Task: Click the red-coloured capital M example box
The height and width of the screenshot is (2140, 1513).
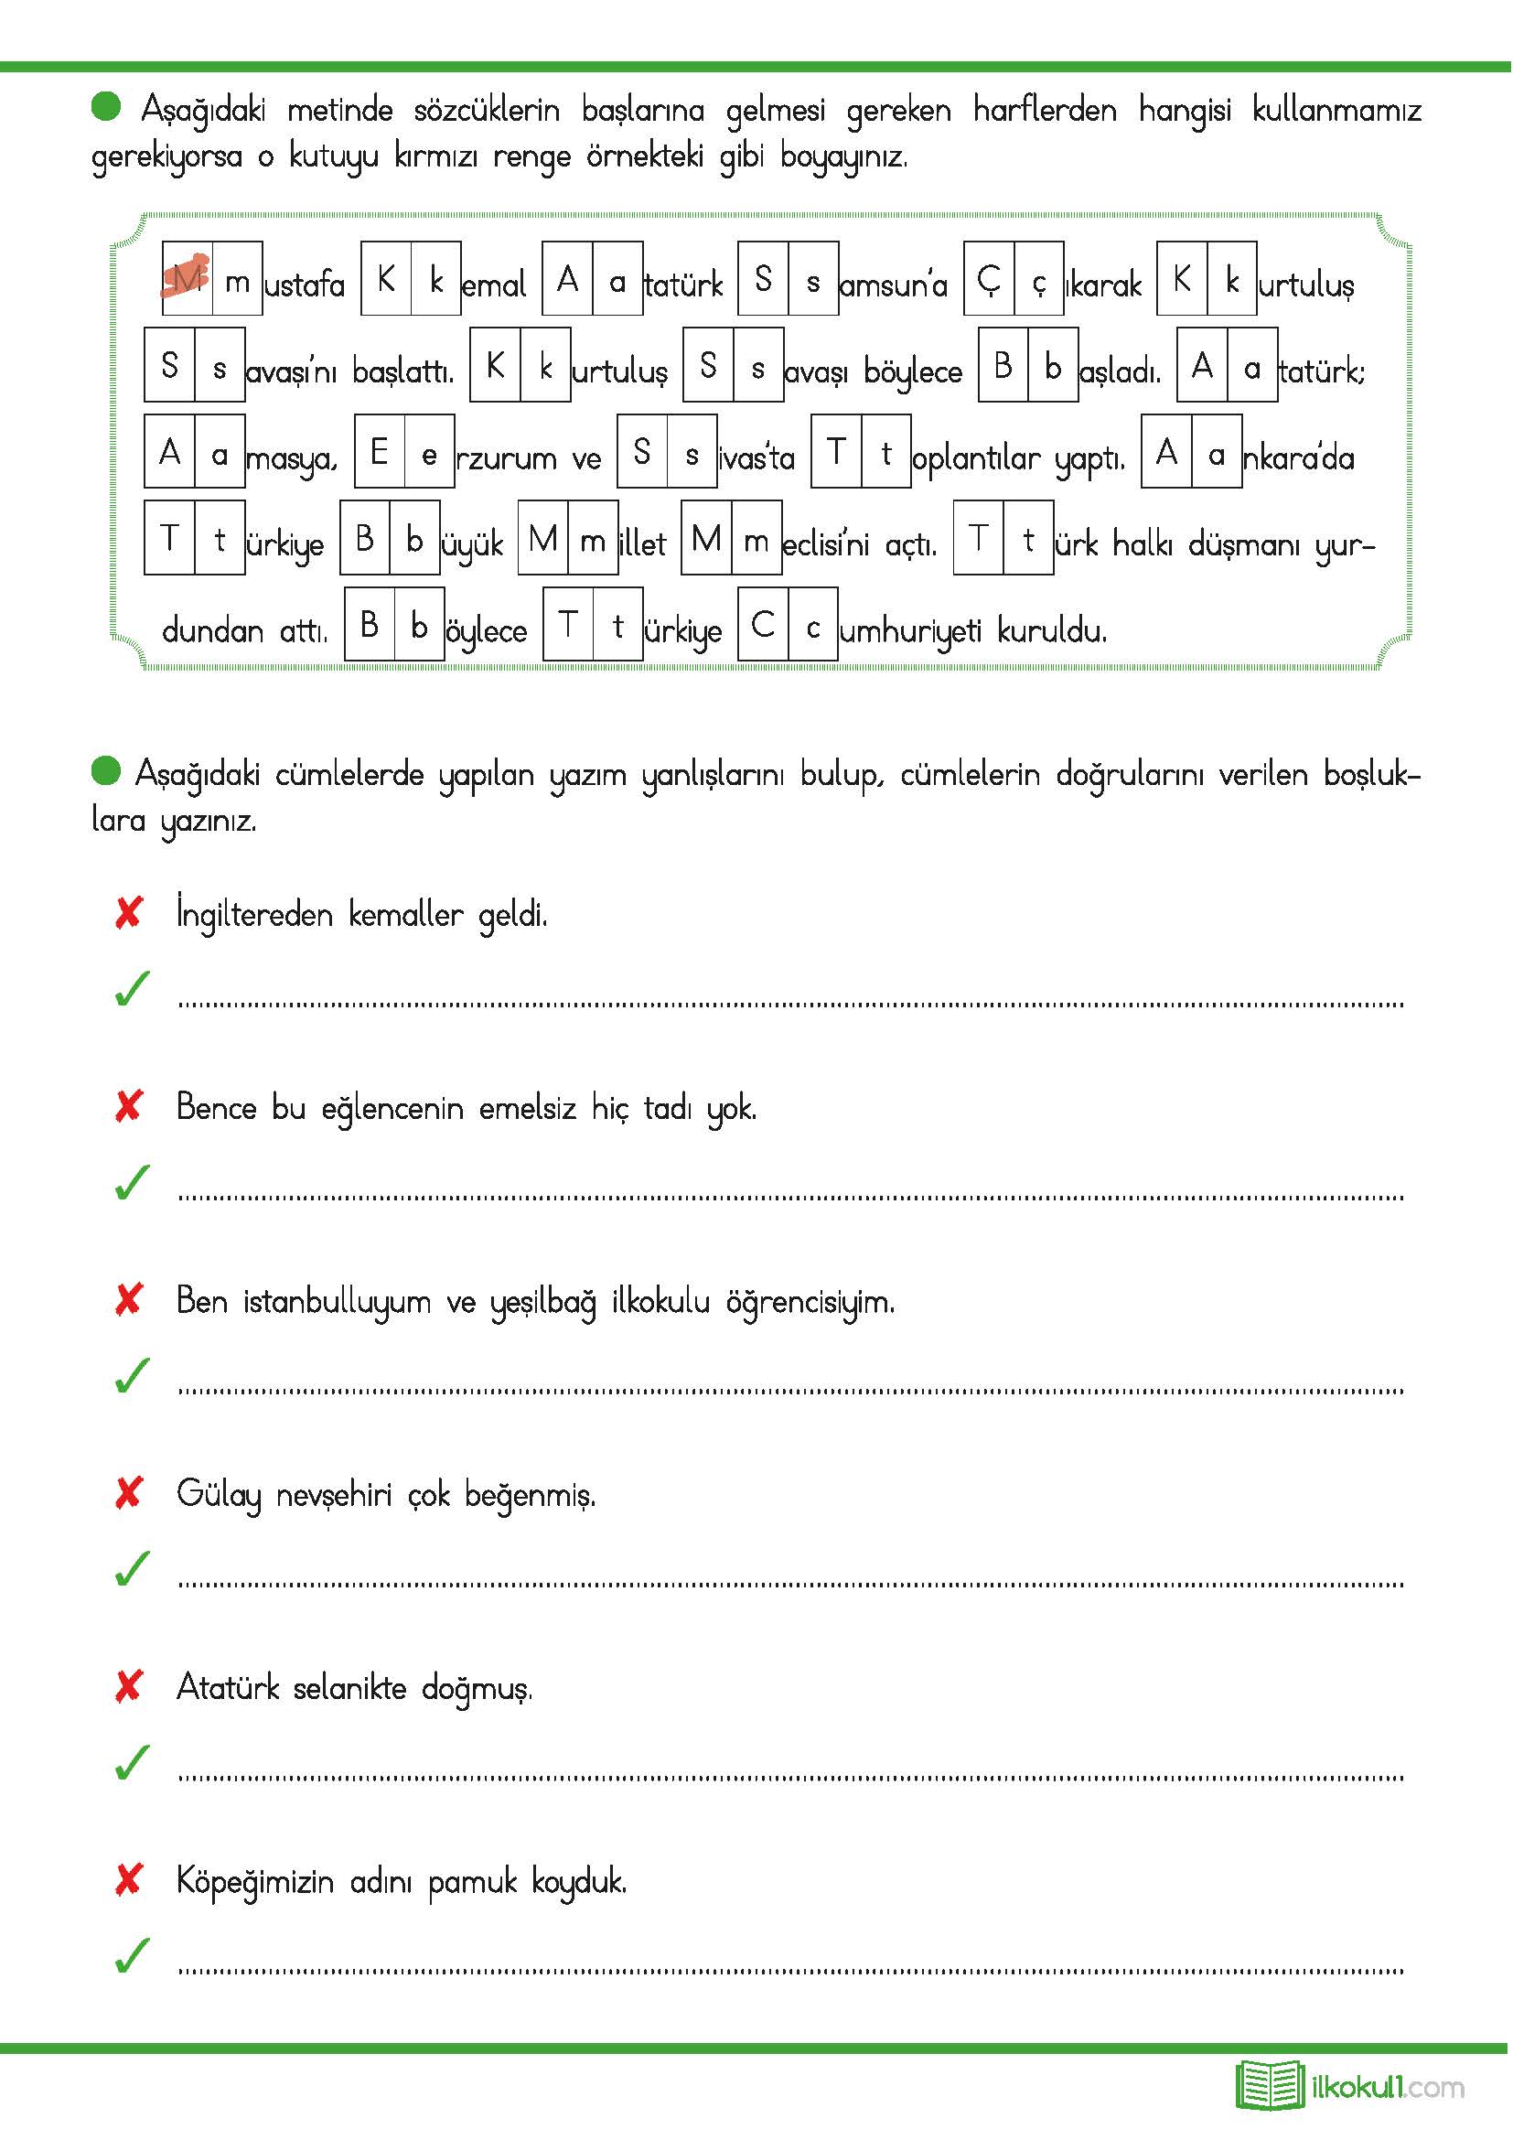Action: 188,278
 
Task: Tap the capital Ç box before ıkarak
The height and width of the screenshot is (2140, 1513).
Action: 989,278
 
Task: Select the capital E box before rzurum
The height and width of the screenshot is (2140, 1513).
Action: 380,451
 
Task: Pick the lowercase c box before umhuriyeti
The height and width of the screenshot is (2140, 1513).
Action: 812,625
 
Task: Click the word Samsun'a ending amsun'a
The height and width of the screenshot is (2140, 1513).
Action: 893,285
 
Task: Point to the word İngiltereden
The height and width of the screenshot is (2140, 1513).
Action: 254,914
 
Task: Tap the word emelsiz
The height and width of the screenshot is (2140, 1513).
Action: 527,1108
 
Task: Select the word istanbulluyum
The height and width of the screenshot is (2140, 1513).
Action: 338,1302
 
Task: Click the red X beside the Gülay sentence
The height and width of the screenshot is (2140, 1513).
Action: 129,1493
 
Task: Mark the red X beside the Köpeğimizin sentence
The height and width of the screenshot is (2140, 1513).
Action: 129,1880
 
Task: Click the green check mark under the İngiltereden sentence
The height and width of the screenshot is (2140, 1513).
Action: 133,989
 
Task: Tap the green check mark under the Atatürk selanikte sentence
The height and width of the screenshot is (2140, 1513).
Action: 133,1761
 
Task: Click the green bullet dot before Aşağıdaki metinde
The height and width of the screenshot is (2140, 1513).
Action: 106,106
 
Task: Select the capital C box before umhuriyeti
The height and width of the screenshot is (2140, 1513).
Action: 762,625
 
